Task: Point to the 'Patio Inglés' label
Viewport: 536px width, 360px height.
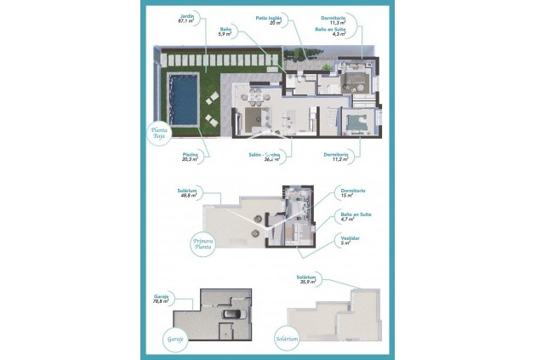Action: click(268, 20)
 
